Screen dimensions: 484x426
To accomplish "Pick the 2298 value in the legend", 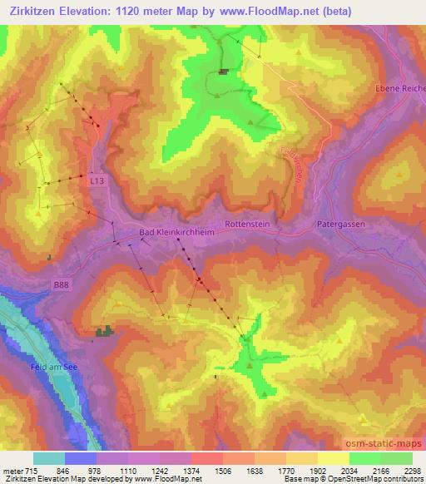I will click(x=411, y=470).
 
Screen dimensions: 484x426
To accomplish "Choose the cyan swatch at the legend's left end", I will click(x=49, y=457).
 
